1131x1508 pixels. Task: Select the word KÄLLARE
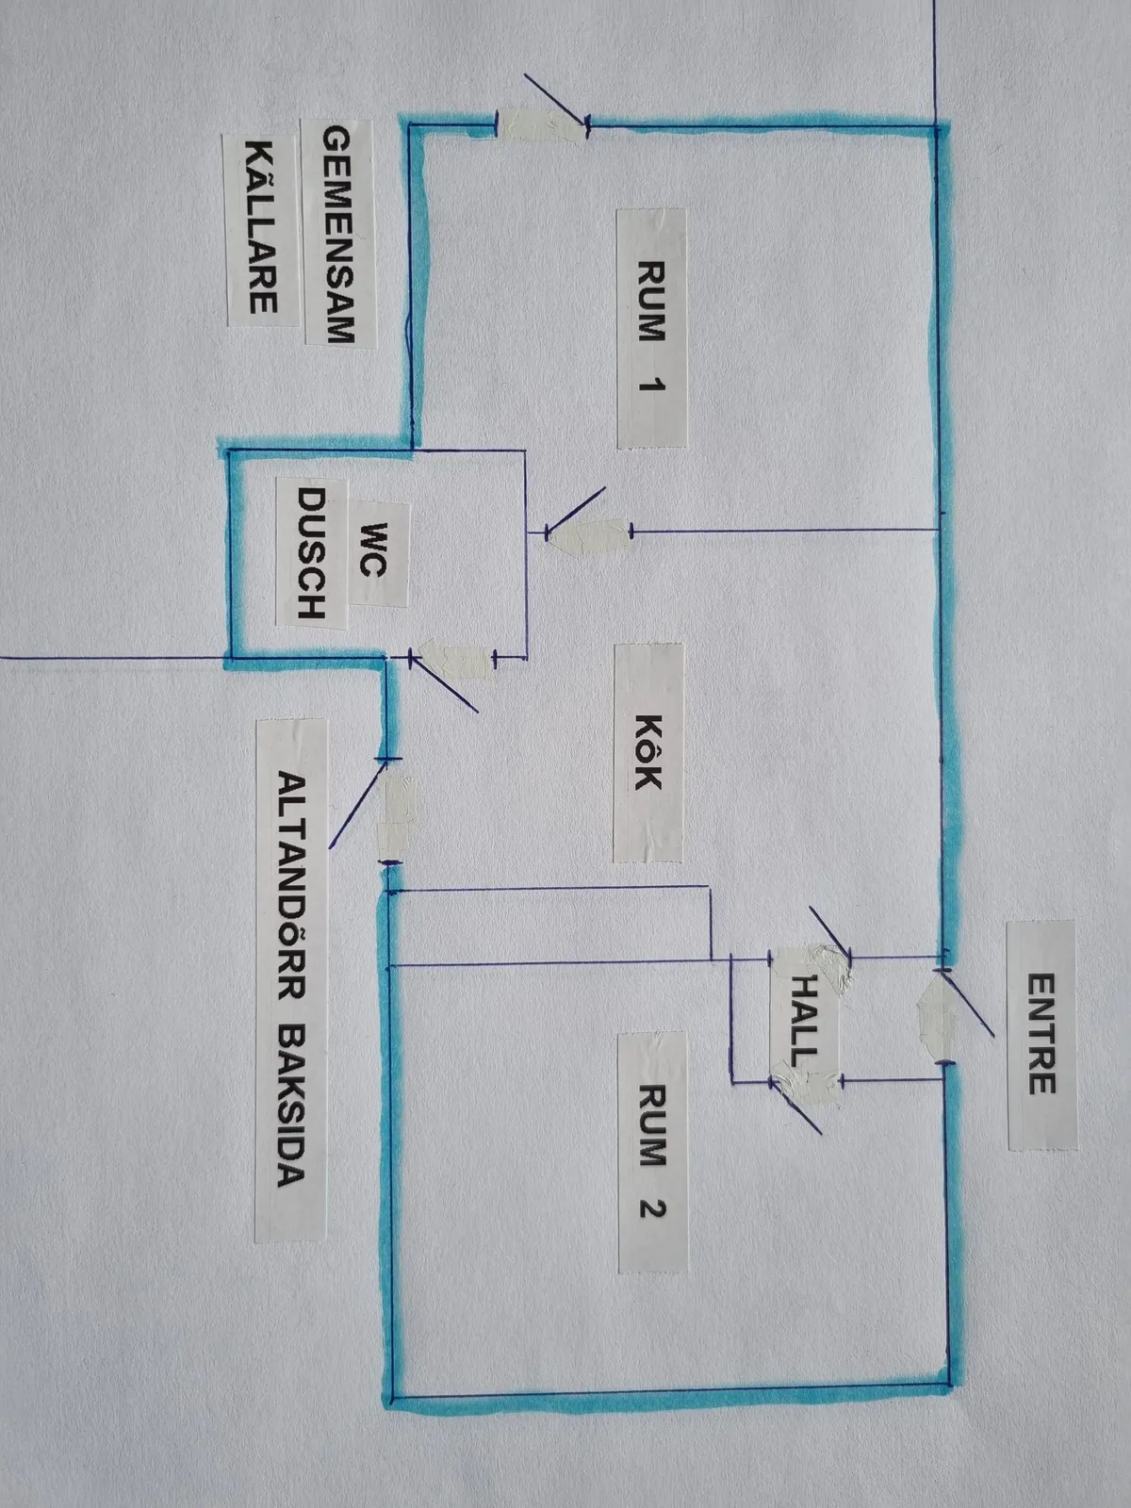261,227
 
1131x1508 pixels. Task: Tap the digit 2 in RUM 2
651,1205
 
